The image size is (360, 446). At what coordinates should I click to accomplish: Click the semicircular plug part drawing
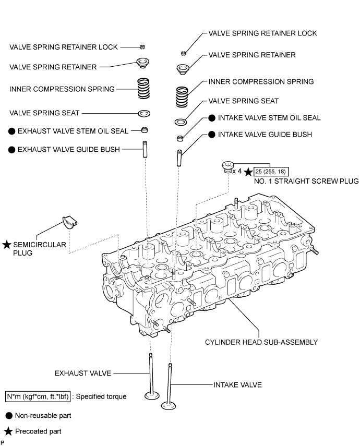pos(70,222)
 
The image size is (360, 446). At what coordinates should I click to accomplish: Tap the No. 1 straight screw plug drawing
pos(227,167)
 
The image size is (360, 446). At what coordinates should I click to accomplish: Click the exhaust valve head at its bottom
pos(152,395)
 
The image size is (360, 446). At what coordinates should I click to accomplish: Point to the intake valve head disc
pos(169,405)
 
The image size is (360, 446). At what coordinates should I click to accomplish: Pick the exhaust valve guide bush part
pos(145,149)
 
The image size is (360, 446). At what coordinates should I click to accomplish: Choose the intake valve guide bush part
pos(179,158)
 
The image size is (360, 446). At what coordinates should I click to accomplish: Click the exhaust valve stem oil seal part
pos(145,130)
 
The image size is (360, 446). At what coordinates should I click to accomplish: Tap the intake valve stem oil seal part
pos(180,138)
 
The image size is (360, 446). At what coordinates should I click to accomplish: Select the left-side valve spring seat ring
pos(144,114)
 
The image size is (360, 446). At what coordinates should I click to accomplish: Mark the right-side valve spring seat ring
pos(181,122)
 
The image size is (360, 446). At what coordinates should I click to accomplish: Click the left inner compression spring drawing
pos(143,88)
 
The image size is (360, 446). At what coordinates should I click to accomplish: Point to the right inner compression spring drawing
pos(182,97)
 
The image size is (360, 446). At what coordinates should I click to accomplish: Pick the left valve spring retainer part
pos(143,63)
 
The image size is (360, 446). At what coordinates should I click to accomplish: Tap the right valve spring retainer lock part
pos(184,53)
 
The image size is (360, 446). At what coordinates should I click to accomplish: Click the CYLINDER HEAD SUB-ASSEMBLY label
pos(261,342)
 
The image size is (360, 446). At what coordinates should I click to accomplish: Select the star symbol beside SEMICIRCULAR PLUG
pos(7,245)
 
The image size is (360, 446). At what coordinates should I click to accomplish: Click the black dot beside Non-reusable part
pos(9,416)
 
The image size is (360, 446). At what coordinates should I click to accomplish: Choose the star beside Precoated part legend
pos(8,431)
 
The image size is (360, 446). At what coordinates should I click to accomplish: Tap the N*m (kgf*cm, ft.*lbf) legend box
pos(38,396)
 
